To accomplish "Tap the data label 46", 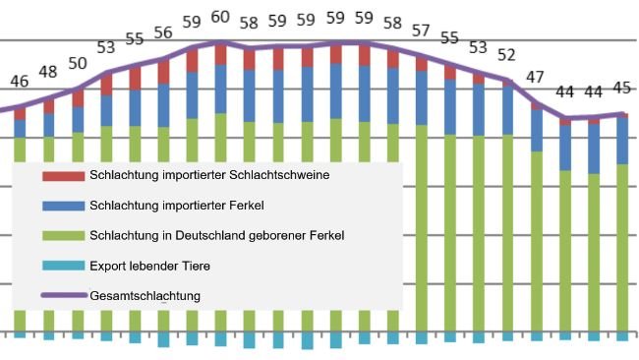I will [x=20, y=81].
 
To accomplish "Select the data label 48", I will [x=48, y=72].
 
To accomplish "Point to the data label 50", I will [x=77, y=64].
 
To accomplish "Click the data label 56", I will [x=163, y=33].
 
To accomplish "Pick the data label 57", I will [x=421, y=30].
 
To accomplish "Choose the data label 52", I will [x=507, y=54].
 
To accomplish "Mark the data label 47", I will [x=536, y=77].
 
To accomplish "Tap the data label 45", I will [x=621, y=89].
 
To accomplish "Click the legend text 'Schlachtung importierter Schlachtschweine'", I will [x=208, y=176].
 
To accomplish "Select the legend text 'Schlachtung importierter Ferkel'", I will [x=178, y=206].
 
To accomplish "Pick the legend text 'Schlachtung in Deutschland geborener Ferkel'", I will [x=216, y=235].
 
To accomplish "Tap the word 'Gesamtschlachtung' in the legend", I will [x=145, y=295].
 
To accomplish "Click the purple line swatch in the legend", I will [x=62, y=295].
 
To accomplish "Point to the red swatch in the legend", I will [x=62, y=176].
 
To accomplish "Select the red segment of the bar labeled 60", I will [x=220, y=55].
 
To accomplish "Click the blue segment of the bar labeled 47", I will [x=536, y=131].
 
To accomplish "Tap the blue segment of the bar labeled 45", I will [x=621, y=141].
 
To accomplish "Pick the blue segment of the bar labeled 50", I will [x=77, y=119].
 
